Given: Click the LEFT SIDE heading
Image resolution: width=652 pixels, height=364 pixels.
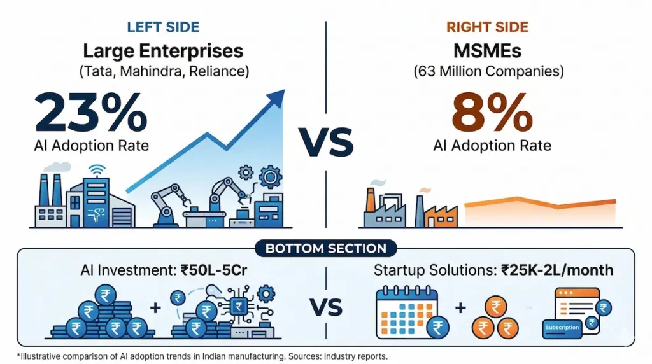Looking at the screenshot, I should pos(163,27).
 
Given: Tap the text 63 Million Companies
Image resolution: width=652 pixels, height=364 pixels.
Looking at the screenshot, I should pos(489,71).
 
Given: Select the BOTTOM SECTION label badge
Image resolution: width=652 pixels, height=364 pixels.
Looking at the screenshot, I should pos(326,248).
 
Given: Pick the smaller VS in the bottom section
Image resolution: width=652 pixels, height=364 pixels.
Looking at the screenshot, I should pos(327,309).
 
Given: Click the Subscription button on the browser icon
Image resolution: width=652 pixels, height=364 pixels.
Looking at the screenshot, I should pos(562,328).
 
